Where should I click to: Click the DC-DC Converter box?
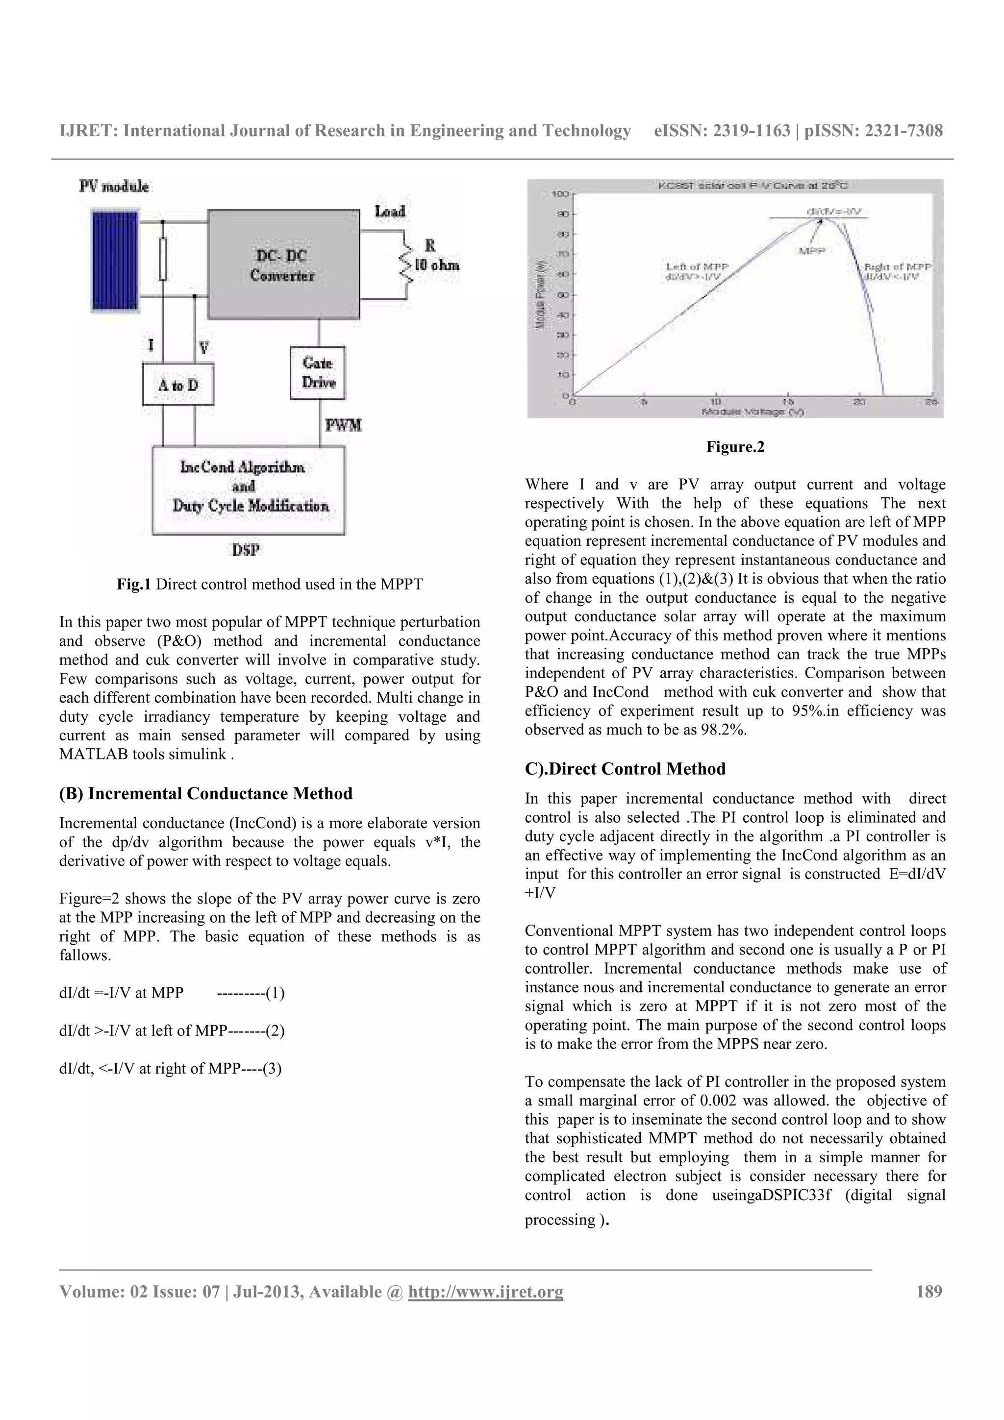tap(283, 265)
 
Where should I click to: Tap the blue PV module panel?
tap(106, 260)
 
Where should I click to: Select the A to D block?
tap(178, 384)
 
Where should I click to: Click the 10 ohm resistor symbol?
tap(406, 265)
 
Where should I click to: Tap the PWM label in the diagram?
tap(343, 425)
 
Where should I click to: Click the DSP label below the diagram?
tap(246, 549)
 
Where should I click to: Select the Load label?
tap(390, 212)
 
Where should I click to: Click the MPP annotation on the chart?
tap(812, 251)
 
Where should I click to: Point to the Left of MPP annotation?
tap(697, 267)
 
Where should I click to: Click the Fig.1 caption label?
tap(134, 585)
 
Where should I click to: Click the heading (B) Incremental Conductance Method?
tap(205, 793)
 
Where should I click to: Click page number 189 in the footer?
tap(929, 1291)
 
